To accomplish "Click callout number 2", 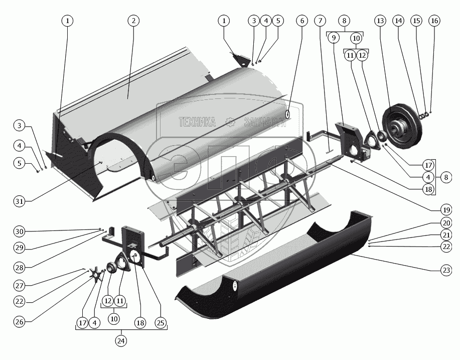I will click(x=133, y=21).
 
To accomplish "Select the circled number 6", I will click(x=301, y=21).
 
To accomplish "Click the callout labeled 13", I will click(x=380, y=21).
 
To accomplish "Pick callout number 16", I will click(x=434, y=21).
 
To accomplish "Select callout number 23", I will click(x=445, y=270).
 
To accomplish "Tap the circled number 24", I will click(x=121, y=340).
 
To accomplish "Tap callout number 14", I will click(x=399, y=21).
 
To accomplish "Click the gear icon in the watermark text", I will click(x=230, y=122).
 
